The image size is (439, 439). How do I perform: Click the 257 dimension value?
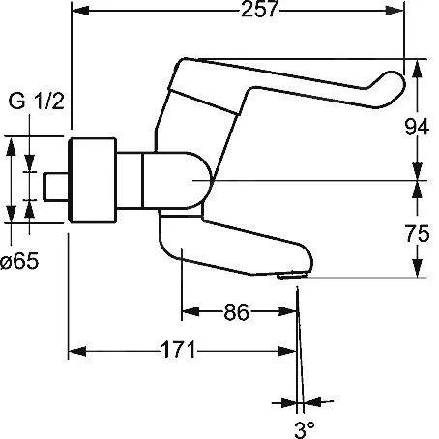259,9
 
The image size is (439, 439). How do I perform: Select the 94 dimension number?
417,127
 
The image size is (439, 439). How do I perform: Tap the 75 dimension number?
418,233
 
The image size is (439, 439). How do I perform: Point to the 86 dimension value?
236,312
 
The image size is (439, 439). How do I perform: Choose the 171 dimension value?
178,350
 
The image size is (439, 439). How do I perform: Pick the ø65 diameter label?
19,261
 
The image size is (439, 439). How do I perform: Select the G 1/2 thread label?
37,101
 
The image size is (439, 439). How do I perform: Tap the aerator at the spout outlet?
292,277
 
